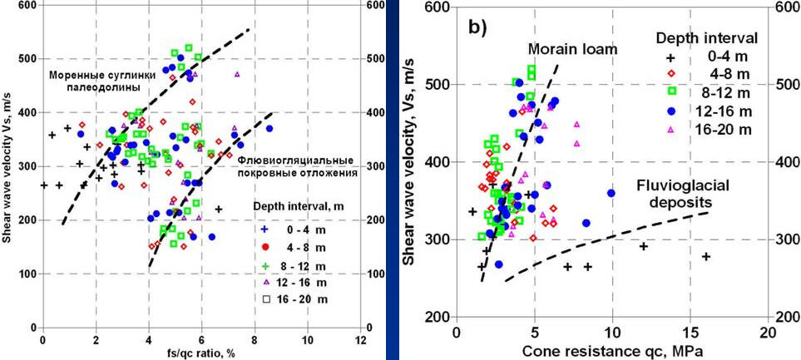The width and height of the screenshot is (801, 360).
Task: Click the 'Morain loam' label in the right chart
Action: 572,50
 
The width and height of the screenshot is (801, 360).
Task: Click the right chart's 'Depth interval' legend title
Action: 707,38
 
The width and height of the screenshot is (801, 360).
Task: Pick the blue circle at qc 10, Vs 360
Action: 611,193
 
